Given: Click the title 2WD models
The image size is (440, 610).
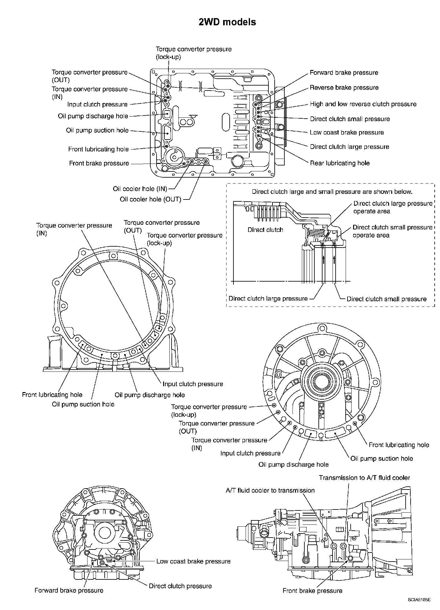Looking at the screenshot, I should [x=227, y=22].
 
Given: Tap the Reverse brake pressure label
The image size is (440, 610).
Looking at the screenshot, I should [x=344, y=88].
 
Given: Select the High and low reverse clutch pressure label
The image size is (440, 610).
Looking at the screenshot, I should [x=363, y=104].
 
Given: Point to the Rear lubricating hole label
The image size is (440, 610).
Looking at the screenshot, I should [x=340, y=163].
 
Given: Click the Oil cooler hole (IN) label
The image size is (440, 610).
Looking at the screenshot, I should [x=140, y=189].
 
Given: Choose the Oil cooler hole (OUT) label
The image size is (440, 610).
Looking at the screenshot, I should [x=151, y=199].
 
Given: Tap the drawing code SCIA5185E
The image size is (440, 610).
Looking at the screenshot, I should [x=419, y=600].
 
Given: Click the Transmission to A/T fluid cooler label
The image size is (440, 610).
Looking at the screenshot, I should [x=364, y=478].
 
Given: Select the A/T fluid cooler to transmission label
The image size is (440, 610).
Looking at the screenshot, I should [x=270, y=490].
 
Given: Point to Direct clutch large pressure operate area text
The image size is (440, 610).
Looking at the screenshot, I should [x=393, y=207].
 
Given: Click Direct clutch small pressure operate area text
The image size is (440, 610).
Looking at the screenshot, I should [x=392, y=231].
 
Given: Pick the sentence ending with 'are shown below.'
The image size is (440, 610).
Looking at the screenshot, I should [x=332, y=192].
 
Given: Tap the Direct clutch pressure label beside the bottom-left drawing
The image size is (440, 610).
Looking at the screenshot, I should [x=180, y=586].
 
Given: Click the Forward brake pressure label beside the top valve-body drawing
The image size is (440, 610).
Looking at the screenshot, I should [x=344, y=73].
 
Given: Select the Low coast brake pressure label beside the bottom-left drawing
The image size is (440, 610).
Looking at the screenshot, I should [x=193, y=561].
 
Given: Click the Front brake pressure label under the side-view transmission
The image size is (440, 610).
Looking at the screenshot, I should [x=312, y=591].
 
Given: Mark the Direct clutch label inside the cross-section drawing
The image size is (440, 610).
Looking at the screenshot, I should [x=265, y=230].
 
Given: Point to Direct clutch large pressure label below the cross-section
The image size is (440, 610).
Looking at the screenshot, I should [x=268, y=298].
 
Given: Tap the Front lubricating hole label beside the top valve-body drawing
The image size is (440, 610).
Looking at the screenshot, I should [x=98, y=149].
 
